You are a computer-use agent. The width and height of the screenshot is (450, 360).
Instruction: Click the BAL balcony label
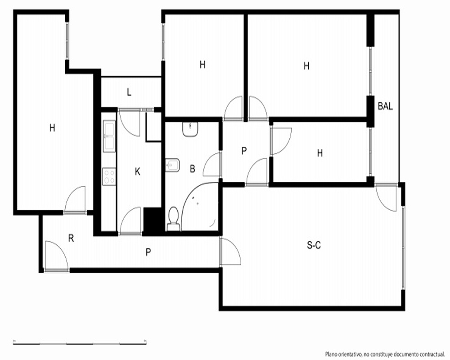coord(385,106)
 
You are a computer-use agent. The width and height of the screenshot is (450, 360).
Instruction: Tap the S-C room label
coord(314,245)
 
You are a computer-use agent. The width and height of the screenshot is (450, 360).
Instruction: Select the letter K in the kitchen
coord(137,171)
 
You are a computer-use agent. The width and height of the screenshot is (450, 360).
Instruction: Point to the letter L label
coord(129,92)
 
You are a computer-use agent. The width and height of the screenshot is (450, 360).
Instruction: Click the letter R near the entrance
coord(71,238)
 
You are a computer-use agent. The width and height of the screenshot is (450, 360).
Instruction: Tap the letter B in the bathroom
coord(193,169)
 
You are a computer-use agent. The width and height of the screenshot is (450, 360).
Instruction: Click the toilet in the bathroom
coord(173,219)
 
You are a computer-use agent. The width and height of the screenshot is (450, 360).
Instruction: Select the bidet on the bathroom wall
coord(172,165)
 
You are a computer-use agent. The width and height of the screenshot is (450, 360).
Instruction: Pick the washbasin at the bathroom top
coord(190,129)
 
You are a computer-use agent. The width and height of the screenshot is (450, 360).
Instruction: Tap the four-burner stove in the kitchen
coord(109,176)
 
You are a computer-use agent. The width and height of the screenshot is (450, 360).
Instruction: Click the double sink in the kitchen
coord(109,136)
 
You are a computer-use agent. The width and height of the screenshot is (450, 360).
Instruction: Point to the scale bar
coord(80,343)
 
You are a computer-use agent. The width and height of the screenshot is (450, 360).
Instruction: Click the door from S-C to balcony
coord(386,197)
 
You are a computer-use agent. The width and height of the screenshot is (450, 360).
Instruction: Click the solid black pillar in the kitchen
coord(153,220)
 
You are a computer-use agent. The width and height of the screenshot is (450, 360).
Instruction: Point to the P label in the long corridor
coord(148,252)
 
